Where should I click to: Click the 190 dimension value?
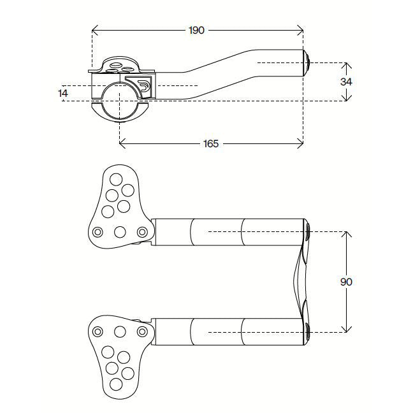[x=197, y=30]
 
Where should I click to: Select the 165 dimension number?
[x=211, y=144]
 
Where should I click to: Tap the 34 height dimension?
[x=346, y=82]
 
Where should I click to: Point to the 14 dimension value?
[x=62, y=93]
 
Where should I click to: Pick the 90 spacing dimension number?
[x=346, y=282]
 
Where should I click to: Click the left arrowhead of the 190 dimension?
[x=94, y=30]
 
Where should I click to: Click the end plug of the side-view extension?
[x=307, y=62]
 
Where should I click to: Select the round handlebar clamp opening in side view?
[x=120, y=100]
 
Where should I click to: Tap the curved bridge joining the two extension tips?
[x=300, y=281]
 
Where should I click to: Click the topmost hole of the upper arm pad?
[x=117, y=178]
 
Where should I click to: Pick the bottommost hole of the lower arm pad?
[x=117, y=384]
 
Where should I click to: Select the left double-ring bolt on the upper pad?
[x=98, y=232]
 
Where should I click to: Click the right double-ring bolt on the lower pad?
[x=143, y=331]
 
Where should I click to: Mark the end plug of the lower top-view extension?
[x=308, y=330]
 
